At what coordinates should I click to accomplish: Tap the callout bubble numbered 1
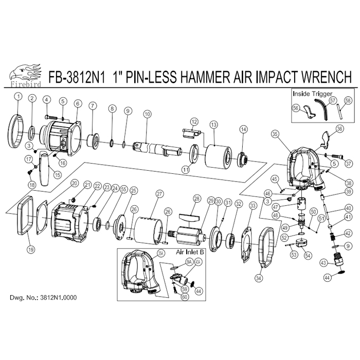[x=18, y=96]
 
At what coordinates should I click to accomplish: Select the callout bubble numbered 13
[x=213, y=124]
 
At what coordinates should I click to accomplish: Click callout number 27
[x=159, y=194]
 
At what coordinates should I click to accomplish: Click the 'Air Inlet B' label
[x=190, y=253]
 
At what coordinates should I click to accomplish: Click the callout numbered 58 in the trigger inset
[x=348, y=100]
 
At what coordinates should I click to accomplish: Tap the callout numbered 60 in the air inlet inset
[x=184, y=297]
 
